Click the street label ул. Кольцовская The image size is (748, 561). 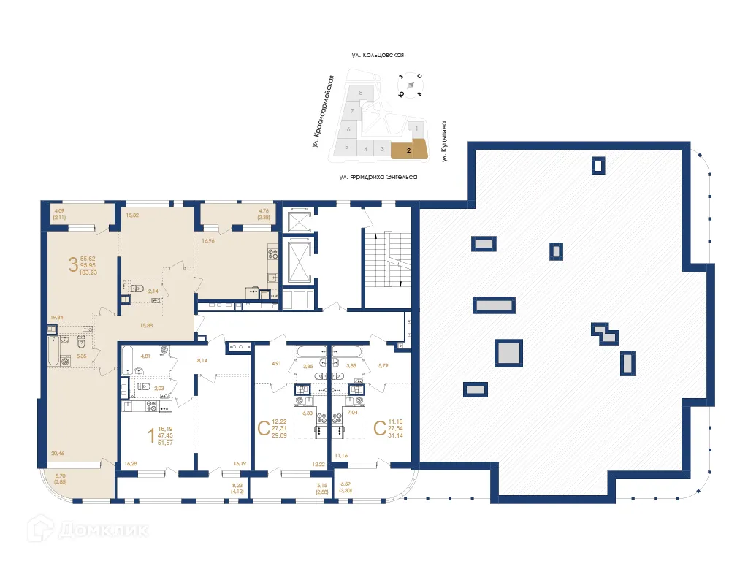click(x=377, y=55)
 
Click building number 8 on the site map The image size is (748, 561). click(x=362, y=93)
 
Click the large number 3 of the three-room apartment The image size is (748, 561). click(x=72, y=264)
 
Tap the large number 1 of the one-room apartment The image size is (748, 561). click(x=151, y=436)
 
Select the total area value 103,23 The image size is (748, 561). click(x=89, y=272)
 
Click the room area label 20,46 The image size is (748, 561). click(x=57, y=454)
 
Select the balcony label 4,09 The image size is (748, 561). click(x=60, y=212)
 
